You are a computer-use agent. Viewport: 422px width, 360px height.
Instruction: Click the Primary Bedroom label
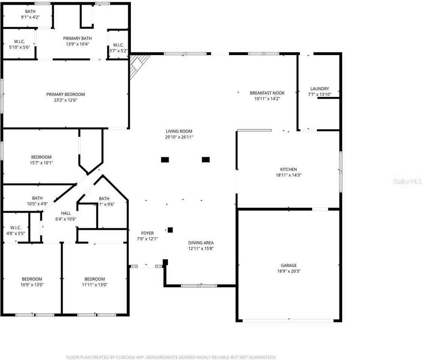(66, 94)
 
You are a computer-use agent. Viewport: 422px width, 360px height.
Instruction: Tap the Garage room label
(289, 265)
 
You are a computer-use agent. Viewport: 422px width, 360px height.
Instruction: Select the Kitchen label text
(288, 169)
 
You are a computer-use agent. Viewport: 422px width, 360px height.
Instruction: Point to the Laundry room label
(319, 89)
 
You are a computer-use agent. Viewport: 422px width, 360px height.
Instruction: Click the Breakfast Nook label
(267, 93)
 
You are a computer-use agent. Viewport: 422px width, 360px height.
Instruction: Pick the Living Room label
(179, 131)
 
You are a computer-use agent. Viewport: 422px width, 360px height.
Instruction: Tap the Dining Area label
(201, 243)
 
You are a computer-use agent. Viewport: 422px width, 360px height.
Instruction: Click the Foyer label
(147, 233)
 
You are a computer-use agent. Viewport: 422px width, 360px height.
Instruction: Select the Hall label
(66, 213)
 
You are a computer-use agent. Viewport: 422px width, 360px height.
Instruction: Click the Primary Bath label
(77, 38)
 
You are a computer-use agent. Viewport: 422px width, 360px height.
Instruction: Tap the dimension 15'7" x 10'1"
(41, 163)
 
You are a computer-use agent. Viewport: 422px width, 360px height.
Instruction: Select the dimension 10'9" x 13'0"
(32, 285)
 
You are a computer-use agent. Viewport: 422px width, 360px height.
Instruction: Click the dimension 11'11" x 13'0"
(95, 285)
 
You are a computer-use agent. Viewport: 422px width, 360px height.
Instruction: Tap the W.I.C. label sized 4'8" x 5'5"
(16, 228)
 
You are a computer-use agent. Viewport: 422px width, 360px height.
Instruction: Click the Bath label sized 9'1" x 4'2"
(30, 11)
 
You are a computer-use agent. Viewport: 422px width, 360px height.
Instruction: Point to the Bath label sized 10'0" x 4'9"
(37, 198)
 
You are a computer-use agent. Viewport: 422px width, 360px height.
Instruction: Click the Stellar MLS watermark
(407, 181)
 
